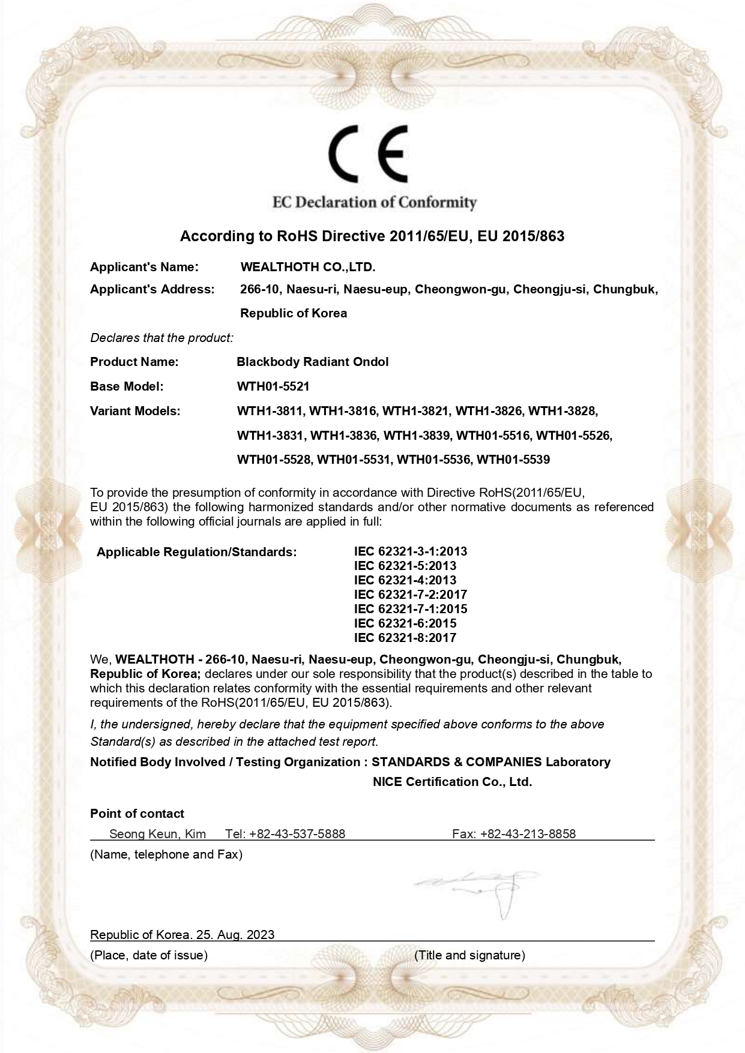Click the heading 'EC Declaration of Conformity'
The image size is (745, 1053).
point(374,202)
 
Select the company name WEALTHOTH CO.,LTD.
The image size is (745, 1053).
point(307,267)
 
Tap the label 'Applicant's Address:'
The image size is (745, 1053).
point(152,290)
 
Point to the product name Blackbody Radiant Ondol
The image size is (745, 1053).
point(313,362)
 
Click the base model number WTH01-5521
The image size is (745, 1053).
point(273,386)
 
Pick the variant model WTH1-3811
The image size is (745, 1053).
point(271,411)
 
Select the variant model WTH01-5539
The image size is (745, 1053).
point(513,460)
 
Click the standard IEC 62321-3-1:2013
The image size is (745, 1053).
point(410,551)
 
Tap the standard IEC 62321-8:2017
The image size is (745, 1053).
point(405,638)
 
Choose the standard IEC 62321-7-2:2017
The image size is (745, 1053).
point(410,595)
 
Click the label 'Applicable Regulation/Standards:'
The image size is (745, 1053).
point(196,552)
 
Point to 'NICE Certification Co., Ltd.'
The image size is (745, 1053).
point(452,782)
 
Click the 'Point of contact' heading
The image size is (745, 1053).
point(137,814)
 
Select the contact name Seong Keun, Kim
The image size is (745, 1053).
point(157,834)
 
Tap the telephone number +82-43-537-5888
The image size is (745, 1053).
point(297,834)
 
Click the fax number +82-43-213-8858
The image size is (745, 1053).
point(528,834)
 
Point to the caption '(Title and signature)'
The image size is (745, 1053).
point(469,955)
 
